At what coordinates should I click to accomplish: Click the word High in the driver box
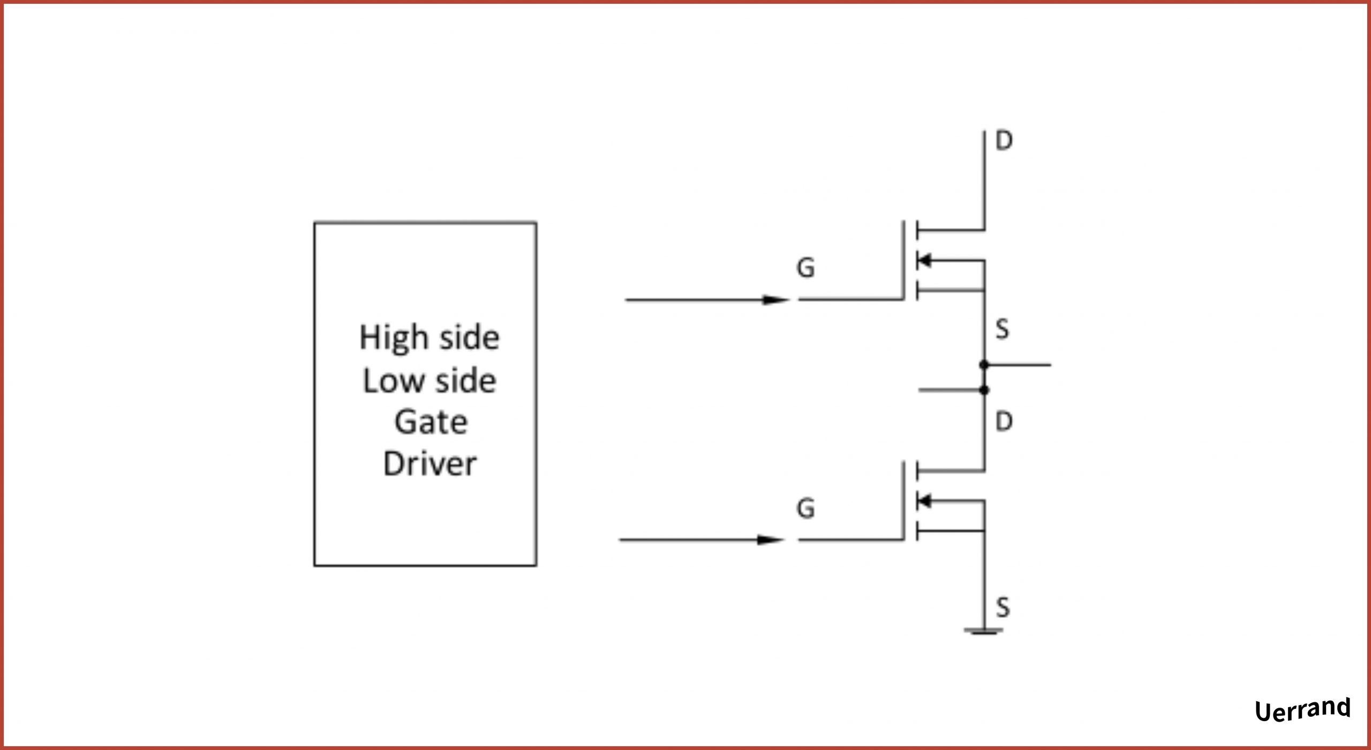[x=394, y=339]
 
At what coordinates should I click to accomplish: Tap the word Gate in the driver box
[x=431, y=422]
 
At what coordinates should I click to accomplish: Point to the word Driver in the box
[x=430, y=464]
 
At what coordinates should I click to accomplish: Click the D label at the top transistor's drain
[x=1004, y=141]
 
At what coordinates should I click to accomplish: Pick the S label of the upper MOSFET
[x=1002, y=329]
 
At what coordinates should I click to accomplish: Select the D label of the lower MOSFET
[x=1004, y=422]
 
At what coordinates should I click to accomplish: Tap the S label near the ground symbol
[x=1003, y=607]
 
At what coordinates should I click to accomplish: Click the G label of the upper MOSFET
[x=805, y=268]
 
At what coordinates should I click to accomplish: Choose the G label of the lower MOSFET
[x=805, y=508]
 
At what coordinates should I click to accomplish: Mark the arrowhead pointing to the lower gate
[x=771, y=540]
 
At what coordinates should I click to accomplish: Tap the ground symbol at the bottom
[x=984, y=631]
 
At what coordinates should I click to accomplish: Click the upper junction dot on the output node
[x=984, y=365]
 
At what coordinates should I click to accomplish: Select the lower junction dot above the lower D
[x=984, y=390]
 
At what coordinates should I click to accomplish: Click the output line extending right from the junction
[x=1020, y=365]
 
